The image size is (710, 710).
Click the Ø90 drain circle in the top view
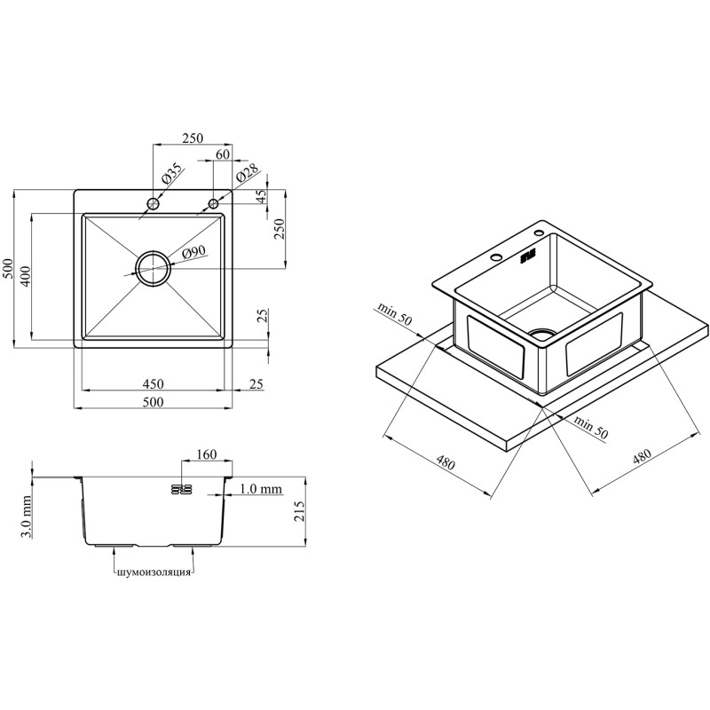pos(138,268)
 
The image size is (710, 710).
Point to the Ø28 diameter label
pos(247,172)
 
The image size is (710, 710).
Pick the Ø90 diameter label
pos(194,252)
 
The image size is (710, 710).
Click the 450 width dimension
pos(153,384)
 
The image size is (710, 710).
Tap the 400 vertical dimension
pos(25,276)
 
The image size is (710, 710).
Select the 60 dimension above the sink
pos(223,154)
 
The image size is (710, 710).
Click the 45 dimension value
pos(262,196)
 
